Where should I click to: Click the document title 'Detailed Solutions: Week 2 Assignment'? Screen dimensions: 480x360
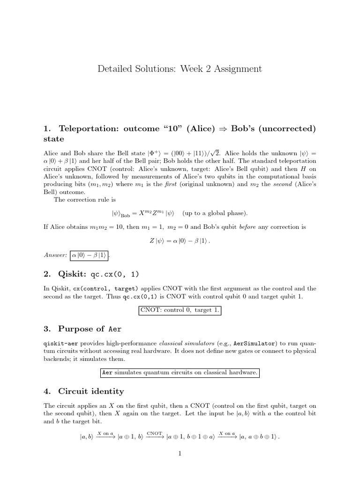[x=180, y=69]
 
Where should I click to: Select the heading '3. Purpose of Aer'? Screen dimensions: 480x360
[x=84, y=328]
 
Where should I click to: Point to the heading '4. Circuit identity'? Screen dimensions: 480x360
[x=91, y=391]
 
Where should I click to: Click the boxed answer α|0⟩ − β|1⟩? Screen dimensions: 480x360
[x=89, y=255]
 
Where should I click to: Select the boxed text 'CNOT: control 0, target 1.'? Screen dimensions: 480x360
[x=180, y=310]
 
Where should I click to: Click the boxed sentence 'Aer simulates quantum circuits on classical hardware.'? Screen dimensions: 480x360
[x=180, y=373]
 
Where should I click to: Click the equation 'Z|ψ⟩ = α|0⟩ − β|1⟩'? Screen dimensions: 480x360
[x=180, y=241]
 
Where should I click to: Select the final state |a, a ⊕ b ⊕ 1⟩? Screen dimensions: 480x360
[x=259, y=437]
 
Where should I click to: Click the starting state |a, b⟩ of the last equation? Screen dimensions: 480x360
[x=87, y=437]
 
